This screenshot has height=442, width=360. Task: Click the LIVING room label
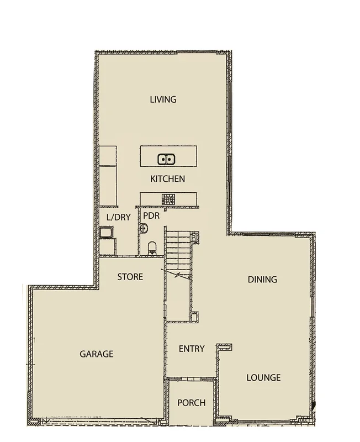point(163,100)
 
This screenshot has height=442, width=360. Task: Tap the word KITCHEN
point(167,179)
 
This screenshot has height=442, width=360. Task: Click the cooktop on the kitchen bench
point(168,198)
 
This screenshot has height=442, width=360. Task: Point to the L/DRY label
point(118,217)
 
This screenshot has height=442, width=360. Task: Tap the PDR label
point(151,215)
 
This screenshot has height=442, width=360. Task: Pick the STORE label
point(130,277)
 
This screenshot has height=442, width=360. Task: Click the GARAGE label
point(96,354)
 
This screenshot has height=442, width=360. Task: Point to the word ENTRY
point(192,349)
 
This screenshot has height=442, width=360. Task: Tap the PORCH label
point(191,403)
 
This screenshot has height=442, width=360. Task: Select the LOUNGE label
point(263,378)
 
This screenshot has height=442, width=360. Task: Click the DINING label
point(262,279)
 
